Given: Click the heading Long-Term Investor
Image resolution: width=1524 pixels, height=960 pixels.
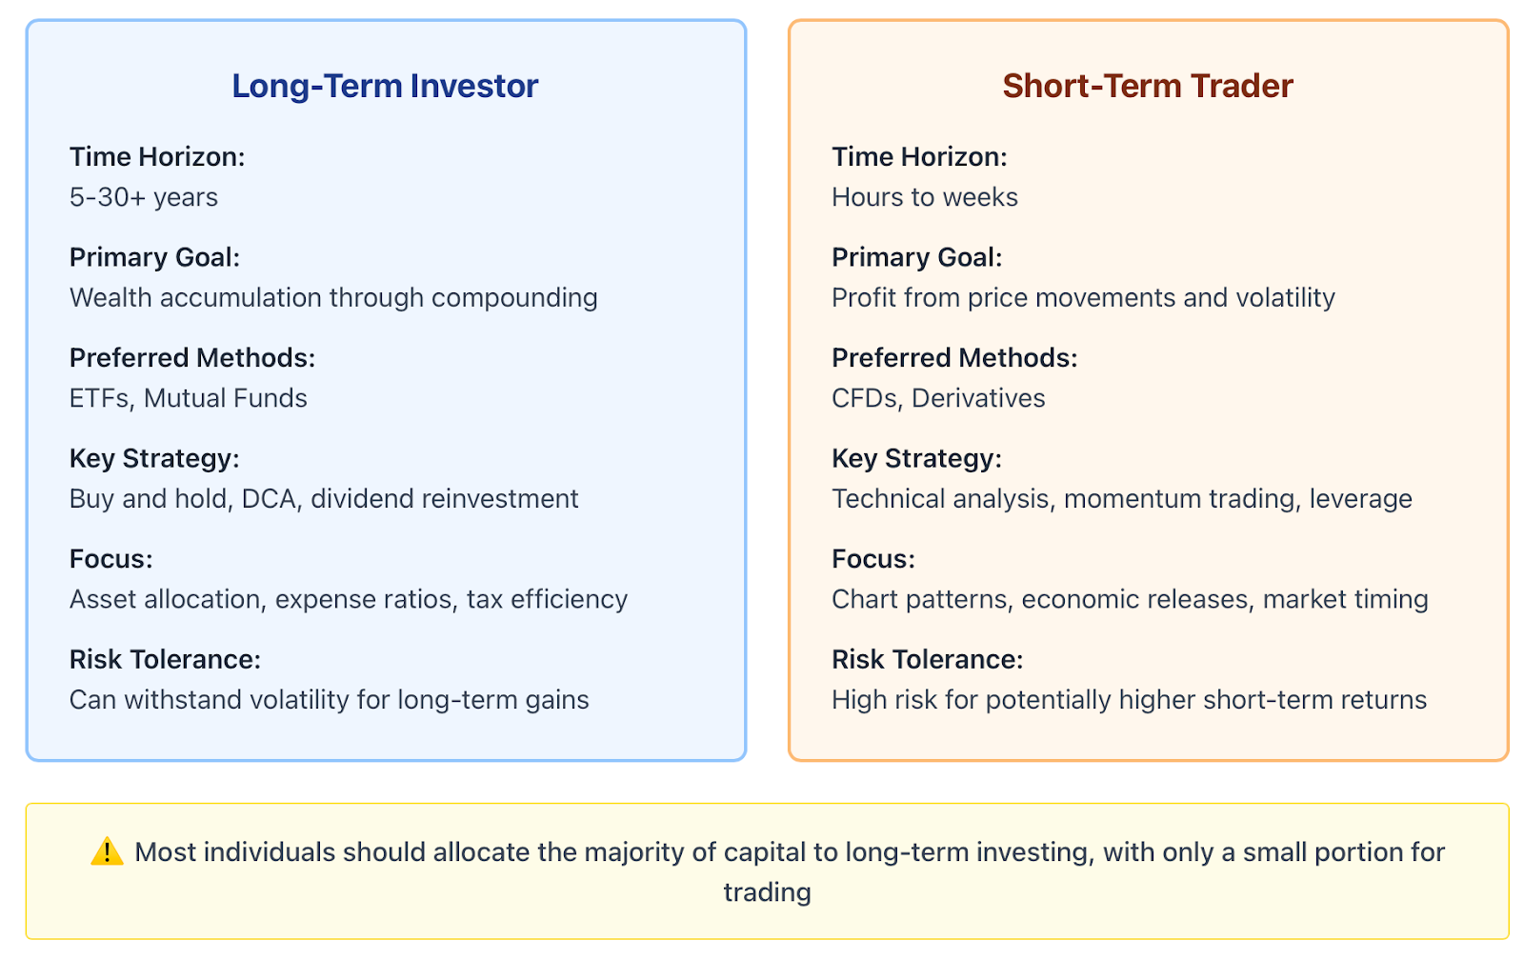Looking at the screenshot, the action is tap(385, 87).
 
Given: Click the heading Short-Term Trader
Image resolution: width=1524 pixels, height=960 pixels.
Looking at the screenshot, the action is tap(1148, 86).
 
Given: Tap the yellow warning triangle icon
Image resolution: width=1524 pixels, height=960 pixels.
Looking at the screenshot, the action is tap(107, 851).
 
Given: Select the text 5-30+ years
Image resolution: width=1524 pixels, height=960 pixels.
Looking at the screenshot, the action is tap(144, 197).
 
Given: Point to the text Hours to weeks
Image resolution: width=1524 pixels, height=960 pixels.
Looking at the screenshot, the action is tap(925, 197).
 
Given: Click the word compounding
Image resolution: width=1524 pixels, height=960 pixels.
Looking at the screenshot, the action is tap(514, 299).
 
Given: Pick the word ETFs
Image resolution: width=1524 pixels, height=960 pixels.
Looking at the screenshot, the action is tap(99, 399).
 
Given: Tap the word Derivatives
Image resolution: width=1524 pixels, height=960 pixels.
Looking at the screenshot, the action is tap(978, 399).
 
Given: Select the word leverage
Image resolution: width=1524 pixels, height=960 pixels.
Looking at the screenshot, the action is tap(1361, 500).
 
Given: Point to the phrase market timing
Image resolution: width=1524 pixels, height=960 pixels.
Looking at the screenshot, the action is tap(1345, 600).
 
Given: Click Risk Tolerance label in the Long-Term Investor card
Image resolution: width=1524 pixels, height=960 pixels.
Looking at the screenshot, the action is tap(166, 659).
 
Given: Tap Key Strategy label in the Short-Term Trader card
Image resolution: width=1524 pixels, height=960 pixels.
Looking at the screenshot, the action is tap(916, 459).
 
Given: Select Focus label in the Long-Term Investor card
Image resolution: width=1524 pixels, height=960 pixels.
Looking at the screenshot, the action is tap(110, 559).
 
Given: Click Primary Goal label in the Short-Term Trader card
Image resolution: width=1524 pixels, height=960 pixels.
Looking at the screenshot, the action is tap(917, 258).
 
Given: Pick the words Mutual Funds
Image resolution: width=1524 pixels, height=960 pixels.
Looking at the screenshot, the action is tap(225, 399).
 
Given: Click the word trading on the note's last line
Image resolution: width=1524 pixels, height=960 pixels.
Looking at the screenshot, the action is tap(768, 892).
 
